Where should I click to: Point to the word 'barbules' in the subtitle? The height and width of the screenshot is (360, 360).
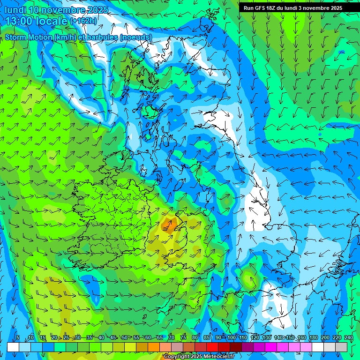(104, 37)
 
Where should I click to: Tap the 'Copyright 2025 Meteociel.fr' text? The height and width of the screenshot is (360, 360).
(198, 357)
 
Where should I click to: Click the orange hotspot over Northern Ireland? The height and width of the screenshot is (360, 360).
(169, 225)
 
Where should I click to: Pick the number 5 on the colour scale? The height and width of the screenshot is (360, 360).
(18, 337)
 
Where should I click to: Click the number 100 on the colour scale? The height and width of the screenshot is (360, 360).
(232, 337)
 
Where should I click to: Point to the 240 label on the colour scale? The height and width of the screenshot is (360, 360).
(349, 337)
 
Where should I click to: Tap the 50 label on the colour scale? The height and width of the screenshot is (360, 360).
(125, 337)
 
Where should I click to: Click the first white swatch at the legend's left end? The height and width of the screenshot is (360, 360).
(13, 347)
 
